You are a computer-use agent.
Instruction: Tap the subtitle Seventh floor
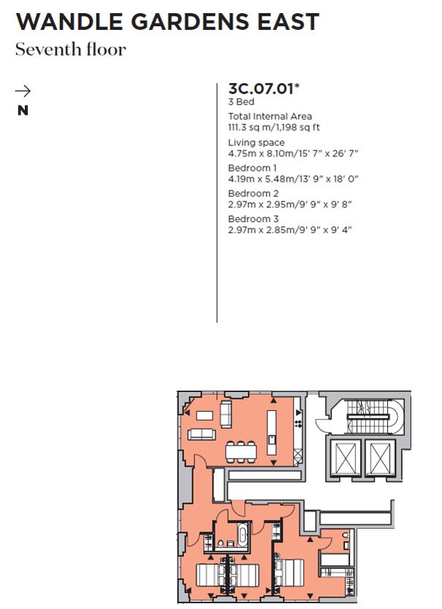coord(71,50)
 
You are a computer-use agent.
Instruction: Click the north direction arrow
coord(23,91)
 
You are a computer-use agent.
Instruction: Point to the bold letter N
coord(23,111)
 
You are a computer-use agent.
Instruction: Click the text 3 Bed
coord(241,103)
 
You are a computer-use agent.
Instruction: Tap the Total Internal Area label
coord(270,116)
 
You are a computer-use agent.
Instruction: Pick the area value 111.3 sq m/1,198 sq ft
coord(274,127)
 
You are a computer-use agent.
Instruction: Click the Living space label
coord(256,142)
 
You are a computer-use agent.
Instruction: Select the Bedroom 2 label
coord(254,194)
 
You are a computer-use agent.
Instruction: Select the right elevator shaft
coord(379,459)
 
